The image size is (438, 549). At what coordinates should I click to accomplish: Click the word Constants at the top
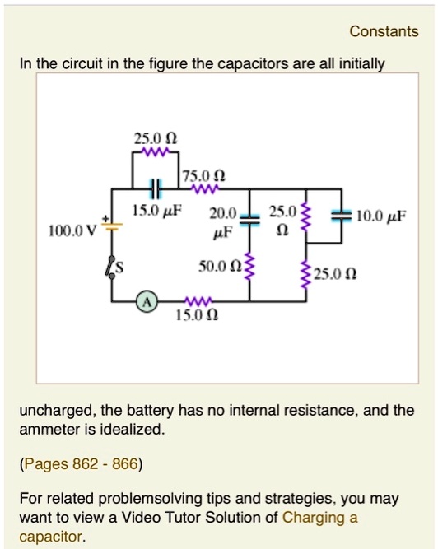pyautogui.click(x=384, y=32)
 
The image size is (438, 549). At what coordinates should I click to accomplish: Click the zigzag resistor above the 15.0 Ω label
pyautogui.click(x=197, y=300)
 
